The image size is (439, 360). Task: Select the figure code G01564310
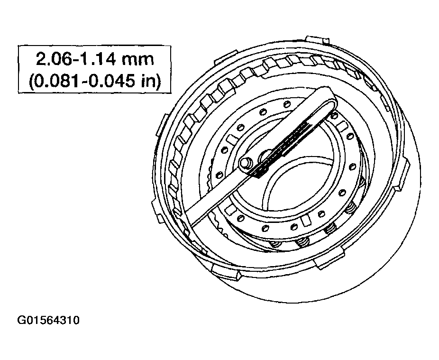click(48, 320)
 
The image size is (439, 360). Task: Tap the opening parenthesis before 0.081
click(32, 82)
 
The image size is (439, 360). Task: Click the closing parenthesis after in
click(158, 82)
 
